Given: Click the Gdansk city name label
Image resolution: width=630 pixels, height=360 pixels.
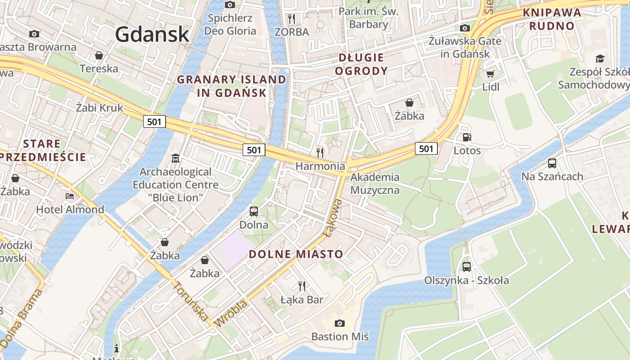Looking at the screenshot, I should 152,34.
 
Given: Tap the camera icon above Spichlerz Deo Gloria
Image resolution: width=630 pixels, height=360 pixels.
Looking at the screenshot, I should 230,4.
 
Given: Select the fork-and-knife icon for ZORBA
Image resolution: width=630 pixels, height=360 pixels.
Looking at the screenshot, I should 292,18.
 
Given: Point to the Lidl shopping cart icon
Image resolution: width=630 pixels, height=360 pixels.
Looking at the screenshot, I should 490,74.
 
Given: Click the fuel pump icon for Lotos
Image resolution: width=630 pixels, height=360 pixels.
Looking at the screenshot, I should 467,137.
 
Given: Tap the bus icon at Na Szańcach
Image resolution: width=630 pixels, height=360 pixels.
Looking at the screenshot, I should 552,163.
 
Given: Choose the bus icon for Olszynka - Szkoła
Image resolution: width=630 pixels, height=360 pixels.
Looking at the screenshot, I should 467,267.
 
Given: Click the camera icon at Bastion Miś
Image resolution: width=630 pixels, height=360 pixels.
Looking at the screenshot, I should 340,323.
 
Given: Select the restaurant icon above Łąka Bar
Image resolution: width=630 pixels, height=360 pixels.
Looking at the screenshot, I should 302,286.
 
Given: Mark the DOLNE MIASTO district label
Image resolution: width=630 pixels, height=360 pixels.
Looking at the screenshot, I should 296,254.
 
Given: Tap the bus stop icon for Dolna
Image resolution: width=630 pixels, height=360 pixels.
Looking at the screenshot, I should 254,211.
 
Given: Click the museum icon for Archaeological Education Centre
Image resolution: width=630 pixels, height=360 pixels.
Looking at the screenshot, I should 175,158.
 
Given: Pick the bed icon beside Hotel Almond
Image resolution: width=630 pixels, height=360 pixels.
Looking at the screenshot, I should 70,196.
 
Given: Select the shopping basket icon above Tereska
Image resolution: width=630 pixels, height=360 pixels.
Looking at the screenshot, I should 99,55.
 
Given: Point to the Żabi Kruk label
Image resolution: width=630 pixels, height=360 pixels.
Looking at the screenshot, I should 99,108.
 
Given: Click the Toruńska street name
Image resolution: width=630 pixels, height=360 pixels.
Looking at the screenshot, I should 190,301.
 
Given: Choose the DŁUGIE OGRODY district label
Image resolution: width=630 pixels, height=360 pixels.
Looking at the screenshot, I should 361,64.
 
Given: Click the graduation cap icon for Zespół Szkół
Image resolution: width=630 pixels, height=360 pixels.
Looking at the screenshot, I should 600,58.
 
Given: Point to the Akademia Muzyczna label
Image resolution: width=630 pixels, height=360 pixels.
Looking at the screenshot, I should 375,183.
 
